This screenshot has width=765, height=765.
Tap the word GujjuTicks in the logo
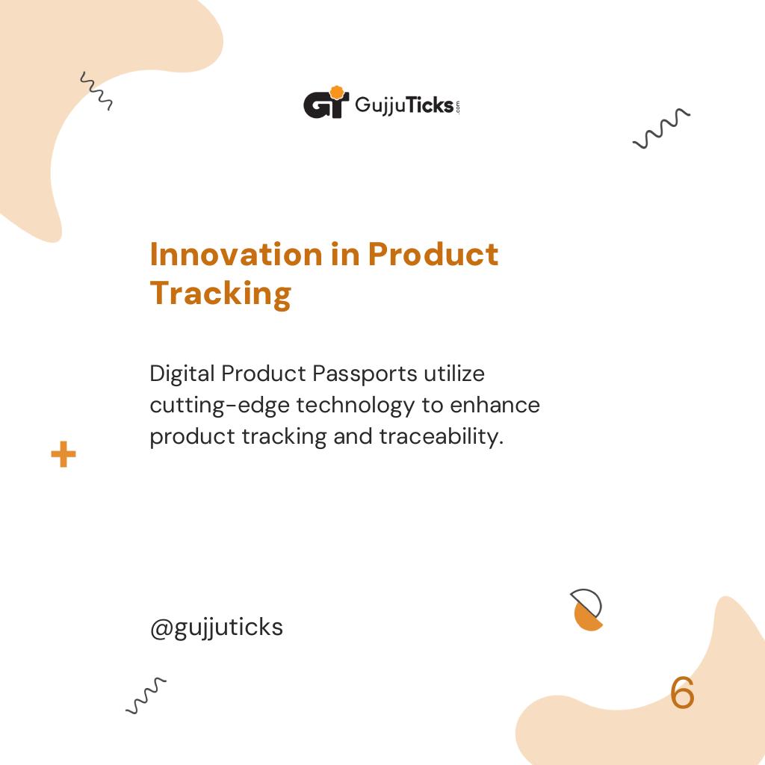(x=404, y=105)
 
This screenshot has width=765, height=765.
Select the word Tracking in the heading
(x=220, y=294)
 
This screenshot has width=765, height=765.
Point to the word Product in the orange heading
(x=433, y=255)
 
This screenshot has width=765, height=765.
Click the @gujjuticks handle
(x=217, y=628)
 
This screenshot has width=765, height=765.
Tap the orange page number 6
(x=682, y=694)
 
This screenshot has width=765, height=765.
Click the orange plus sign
(x=64, y=454)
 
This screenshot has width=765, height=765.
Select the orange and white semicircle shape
(x=587, y=610)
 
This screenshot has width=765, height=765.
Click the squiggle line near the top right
(x=661, y=128)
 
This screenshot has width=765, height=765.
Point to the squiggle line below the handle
(x=146, y=695)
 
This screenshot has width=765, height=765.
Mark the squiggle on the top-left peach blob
(x=96, y=91)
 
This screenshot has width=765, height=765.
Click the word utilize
(x=454, y=373)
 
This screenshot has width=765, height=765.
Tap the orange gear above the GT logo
(x=337, y=93)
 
